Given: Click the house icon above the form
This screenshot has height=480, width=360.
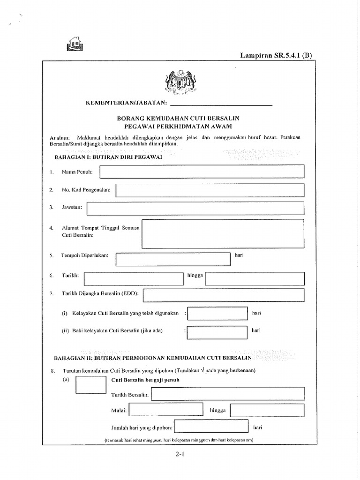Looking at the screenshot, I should click(74, 43).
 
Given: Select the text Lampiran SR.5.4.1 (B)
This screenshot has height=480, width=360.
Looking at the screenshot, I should click(276, 55).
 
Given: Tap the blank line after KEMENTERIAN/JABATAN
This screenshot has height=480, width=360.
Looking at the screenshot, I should click(219, 103).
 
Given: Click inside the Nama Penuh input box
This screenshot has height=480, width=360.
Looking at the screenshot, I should click(202, 172).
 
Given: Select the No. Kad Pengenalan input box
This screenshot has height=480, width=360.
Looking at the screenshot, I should click(210, 190).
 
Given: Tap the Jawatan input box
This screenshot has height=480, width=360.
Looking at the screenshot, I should click(195, 208).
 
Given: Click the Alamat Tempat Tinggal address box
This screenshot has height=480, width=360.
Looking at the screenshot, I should click(223, 234).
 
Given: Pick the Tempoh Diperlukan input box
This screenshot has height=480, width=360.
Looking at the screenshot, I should click(173, 259).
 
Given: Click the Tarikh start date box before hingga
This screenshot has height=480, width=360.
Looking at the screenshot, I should click(133, 278).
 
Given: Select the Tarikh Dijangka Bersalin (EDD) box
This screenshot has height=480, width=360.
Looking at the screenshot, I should click(224, 295).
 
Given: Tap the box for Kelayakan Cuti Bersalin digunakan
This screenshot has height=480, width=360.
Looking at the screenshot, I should click(217, 313).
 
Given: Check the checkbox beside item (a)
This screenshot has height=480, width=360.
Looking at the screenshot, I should click(90, 384).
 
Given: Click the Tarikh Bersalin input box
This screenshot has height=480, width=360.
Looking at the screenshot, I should click(228, 394).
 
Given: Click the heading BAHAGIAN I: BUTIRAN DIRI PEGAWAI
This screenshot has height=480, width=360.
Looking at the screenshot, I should click(108, 157).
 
